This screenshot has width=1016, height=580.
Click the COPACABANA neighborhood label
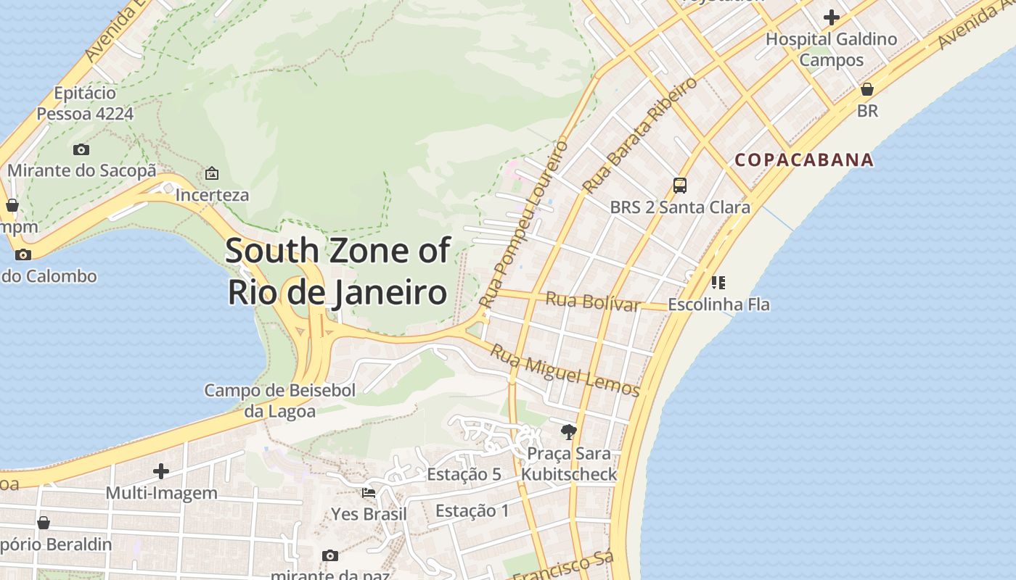coord(804,160)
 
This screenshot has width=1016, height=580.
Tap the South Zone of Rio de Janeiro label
coord(337,272)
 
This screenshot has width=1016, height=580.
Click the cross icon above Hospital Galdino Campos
coord(832,17)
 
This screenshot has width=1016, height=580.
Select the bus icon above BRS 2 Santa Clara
coord(680,186)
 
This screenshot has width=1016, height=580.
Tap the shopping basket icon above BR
coord(867,89)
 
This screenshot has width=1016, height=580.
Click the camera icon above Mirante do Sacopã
coord(81,149)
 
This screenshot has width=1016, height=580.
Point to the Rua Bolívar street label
coord(593,301)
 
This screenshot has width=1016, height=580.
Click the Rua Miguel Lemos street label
coord(565,370)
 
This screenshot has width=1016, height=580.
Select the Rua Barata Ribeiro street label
coord(640,134)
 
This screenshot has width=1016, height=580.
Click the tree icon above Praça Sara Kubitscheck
coord(569,432)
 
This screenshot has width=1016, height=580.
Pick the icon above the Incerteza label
coord(212,173)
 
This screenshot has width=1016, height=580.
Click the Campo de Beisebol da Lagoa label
coord(280,401)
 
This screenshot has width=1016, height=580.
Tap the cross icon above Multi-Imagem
coord(161,471)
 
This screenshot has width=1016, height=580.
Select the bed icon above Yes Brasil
coord(369,493)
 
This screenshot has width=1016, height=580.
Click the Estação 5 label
coord(464,475)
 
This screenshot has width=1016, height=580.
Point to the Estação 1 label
coord(472,510)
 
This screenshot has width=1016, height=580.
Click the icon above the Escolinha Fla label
coord(718,282)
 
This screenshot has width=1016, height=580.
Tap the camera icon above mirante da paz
coord(330,555)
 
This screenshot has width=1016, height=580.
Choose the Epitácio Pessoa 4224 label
coord(85,103)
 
